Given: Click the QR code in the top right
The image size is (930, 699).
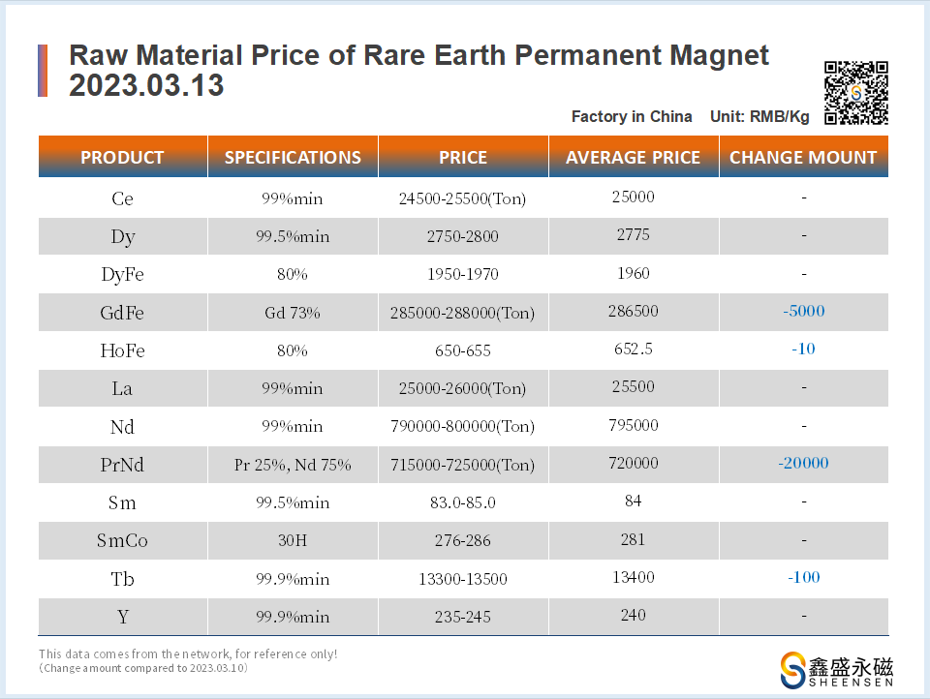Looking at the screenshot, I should [856, 93].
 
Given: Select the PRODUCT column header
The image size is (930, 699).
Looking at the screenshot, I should [122, 157].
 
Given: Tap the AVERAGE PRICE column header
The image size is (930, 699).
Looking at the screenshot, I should [633, 157].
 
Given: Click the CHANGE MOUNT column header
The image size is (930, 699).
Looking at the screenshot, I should [803, 157].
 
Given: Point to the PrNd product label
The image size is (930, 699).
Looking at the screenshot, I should [122, 465].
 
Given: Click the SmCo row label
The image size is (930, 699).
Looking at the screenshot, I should [122, 541].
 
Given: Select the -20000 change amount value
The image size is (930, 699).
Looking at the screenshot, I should [803, 463].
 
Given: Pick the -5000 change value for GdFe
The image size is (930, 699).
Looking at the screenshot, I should [803, 311].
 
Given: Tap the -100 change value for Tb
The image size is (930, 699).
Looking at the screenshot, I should [803, 577].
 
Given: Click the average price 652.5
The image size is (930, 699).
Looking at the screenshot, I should [633, 349].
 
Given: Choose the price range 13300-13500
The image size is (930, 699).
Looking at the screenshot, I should [462, 579].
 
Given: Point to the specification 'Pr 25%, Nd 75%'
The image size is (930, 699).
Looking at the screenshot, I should [293, 465].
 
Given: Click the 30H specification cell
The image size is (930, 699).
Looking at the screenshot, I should [293, 541].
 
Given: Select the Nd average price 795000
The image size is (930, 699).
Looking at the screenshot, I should [633, 425].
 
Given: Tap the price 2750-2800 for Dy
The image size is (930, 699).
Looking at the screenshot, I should [462, 236].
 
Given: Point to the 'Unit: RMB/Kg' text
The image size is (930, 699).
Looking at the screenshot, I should [759, 116].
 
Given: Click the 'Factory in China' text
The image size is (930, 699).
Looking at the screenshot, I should [632, 116].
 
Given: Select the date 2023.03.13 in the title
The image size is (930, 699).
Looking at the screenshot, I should [146, 85].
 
